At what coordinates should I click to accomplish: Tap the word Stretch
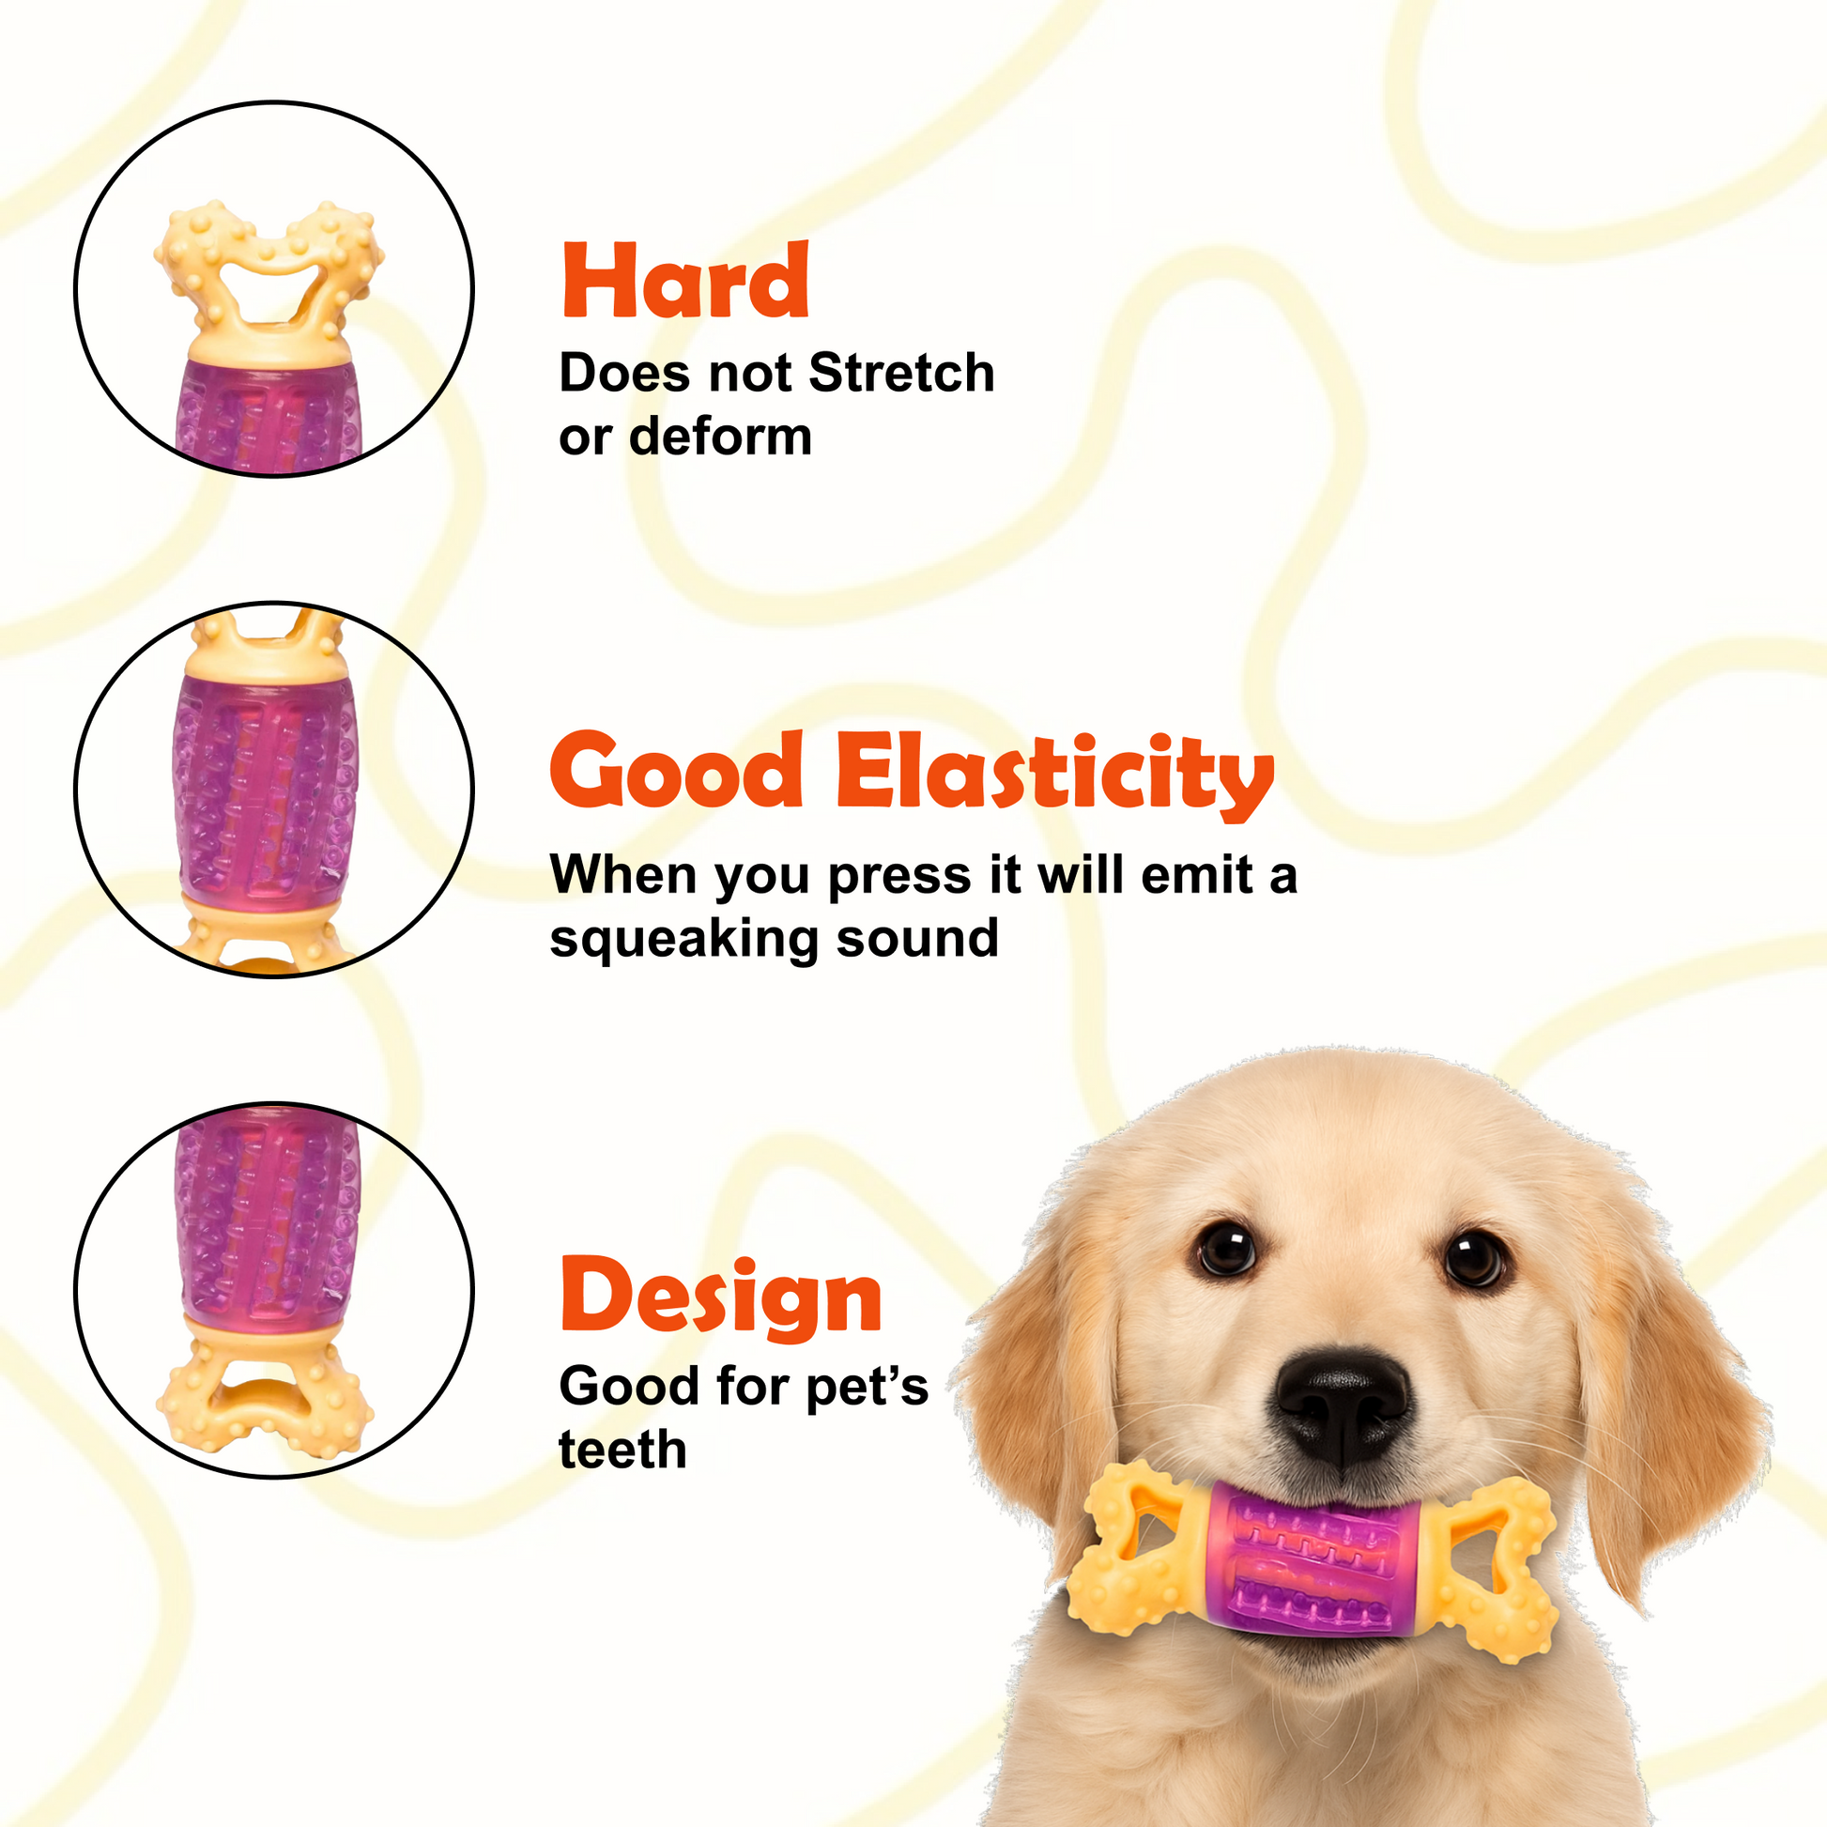pos(901,373)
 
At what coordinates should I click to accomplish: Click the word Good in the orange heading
pos(676,771)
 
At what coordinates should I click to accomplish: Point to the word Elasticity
pos(1055,775)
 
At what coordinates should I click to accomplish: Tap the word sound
pos(917,939)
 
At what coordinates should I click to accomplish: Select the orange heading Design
pos(721,1297)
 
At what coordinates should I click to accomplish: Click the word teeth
pos(622,1450)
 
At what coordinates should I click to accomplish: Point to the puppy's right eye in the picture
pos(1474,1259)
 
